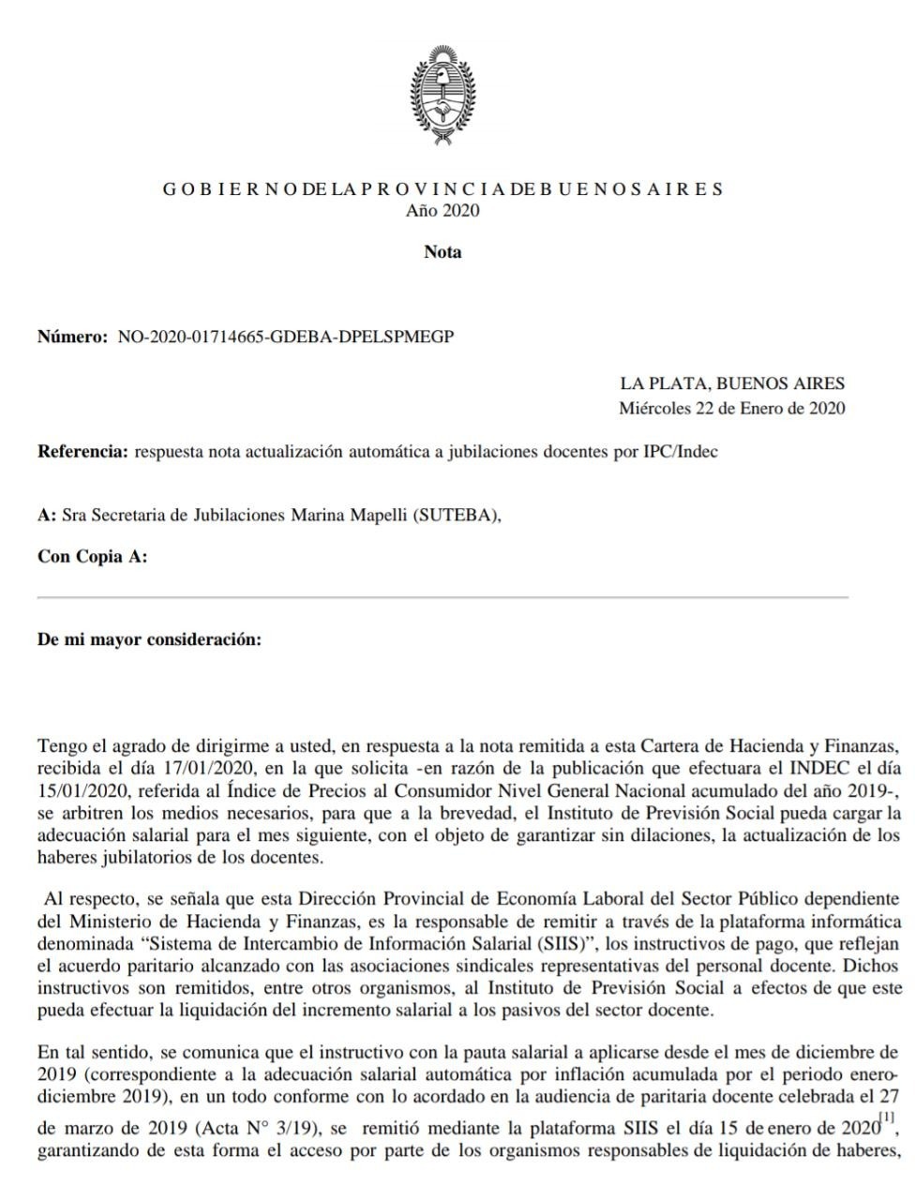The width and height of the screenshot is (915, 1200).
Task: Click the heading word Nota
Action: pyautogui.click(x=442, y=251)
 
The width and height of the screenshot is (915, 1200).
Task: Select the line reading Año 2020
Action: pyautogui.click(x=442, y=210)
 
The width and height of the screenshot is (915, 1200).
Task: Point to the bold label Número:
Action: pyautogui.click(x=72, y=337)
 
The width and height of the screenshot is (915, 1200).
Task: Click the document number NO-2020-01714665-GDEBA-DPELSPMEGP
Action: pyautogui.click(x=286, y=337)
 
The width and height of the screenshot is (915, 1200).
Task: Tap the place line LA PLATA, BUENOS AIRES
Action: pyautogui.click(x=731, y=383)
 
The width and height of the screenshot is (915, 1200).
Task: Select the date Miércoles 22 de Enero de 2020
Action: pyautogui.click(x=731, y=408)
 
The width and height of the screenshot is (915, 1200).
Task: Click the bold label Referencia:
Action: pyautogui.click(x=82, y=451)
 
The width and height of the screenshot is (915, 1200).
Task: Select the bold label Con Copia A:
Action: pyautogui.click(x=92, y=557)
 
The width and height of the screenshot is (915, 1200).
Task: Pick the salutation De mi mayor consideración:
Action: pyautogui.click(x=149, y=640)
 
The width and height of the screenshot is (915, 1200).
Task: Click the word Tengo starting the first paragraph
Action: pyautogui.click(x=60, y=745)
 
